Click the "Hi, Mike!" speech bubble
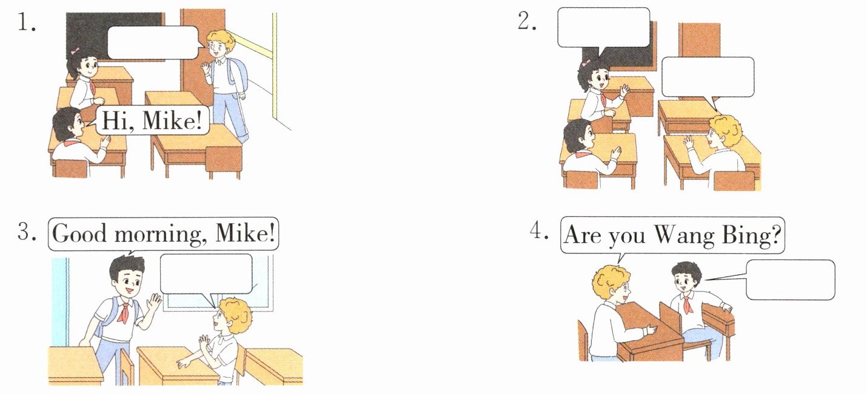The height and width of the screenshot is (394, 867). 152,121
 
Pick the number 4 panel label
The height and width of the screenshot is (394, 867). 539,231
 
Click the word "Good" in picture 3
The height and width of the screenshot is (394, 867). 79,233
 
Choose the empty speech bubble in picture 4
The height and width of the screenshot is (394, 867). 790,279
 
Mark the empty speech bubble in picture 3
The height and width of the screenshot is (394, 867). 206,274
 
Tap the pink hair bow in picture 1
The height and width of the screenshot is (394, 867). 75,51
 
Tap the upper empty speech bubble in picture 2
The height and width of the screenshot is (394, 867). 603,28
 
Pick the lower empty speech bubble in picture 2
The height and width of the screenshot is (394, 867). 708,78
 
